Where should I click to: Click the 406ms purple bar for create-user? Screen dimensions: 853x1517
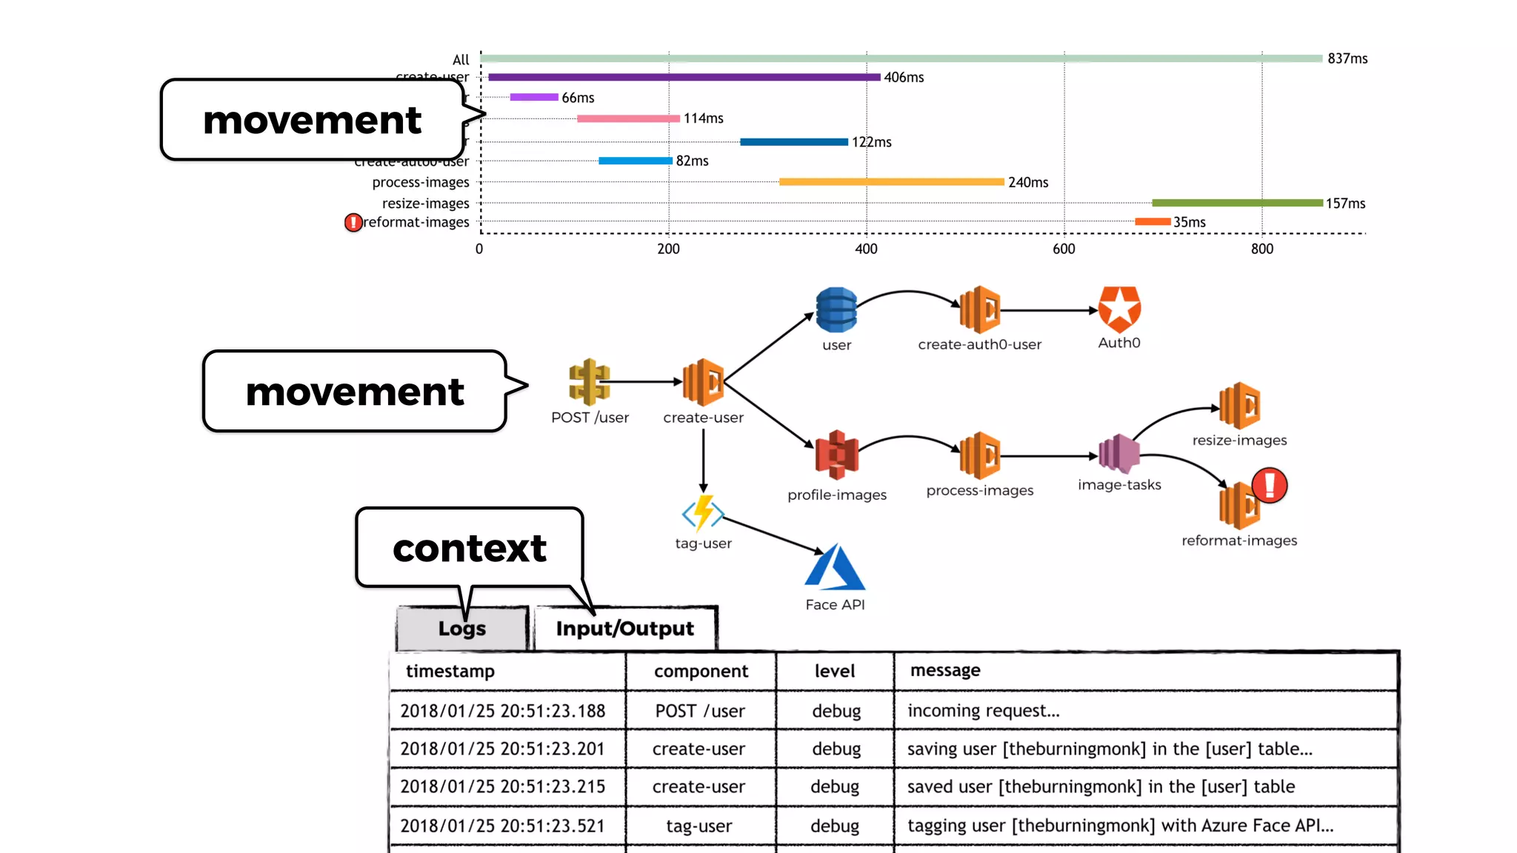click(x=684, y=77)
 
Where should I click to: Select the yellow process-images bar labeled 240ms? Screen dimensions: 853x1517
click(x=891, y=182)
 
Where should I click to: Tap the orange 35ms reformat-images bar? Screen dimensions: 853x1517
click(x=1153, y=221)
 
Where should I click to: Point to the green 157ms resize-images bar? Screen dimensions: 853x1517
click(x=1237, y=203)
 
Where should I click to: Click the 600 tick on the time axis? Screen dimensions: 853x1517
click(x=1064, y=250)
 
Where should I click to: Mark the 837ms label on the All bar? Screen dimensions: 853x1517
click(x=1347, y=58)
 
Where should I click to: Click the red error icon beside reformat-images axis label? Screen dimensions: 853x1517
click(x=353, y=222)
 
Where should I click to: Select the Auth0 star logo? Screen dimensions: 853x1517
click(x=1119, y=309)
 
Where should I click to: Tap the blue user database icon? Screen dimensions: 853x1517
click(x=836, y=310)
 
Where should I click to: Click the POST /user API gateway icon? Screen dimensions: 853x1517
click(x=589, y=382)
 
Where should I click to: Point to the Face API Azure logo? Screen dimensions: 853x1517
click(x=835, y=568)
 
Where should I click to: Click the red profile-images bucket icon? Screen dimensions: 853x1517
click(x=836, y=454)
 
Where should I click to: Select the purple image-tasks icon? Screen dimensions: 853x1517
click(x=1118, y=453)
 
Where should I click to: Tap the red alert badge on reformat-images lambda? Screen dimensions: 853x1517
click(x=1270, y=485)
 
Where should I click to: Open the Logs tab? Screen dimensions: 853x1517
click(x=462, y=629)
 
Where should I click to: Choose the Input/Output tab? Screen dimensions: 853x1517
click(x=625, y=629)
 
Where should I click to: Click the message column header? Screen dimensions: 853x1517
click(x=945, y=671)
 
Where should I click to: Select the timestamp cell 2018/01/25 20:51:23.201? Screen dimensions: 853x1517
click(x=502, y=749)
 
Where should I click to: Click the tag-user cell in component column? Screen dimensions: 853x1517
click(x=699, y=826)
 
